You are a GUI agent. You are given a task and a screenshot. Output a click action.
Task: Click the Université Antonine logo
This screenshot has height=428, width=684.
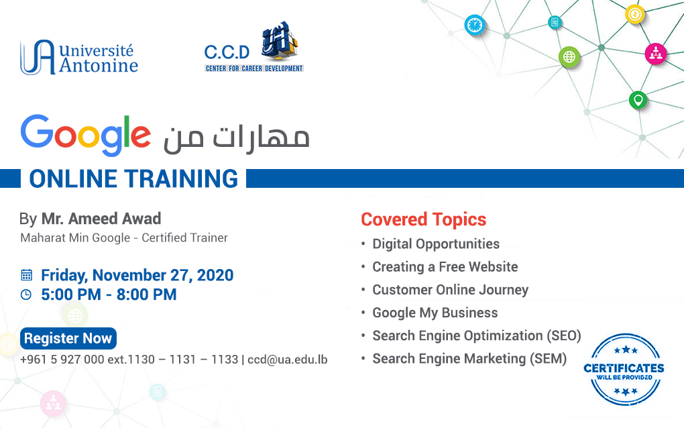point(79,57)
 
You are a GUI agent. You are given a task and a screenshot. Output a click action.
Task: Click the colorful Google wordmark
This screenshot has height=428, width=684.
point(86,135)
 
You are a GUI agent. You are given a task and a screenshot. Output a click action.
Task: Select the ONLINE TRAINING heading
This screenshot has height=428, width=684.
point(133,178)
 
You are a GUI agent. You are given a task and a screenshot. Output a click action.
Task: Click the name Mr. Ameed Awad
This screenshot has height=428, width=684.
point(101,219)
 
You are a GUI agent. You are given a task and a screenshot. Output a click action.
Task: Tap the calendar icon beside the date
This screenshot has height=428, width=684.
point(27,275)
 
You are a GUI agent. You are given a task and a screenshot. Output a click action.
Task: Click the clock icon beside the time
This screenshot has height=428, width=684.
point(26,295)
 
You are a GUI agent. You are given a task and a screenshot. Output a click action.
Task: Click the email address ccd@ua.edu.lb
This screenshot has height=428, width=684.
point(288,360)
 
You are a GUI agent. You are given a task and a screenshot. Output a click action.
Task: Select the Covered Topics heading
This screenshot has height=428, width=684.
point(424,219)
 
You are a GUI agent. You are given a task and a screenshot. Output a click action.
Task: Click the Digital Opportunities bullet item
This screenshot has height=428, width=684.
point(436,244)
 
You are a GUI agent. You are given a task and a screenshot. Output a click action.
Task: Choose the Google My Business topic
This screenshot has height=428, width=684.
point(435,313)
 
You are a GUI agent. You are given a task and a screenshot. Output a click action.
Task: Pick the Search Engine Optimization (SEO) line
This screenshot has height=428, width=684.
point(477,336)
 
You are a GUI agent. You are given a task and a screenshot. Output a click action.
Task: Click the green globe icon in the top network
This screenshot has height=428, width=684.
point(569,57)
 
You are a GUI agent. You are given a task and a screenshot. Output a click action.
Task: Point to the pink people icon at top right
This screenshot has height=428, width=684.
point(656,54)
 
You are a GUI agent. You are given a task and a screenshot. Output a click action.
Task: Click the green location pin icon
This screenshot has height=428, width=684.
point(638,101)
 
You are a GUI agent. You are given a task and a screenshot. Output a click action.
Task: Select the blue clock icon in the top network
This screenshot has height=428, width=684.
point(475,25)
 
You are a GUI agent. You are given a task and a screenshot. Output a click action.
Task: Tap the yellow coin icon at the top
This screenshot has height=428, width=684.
point(634,14)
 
